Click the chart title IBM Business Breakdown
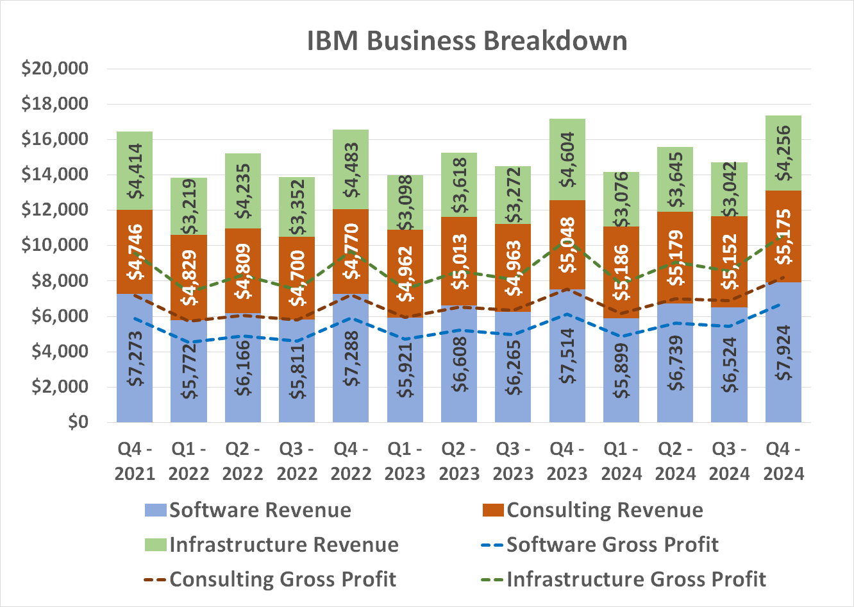(467, 40)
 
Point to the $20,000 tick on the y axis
(54, 69)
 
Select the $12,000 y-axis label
(54, 210)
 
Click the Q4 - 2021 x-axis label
(135, 461)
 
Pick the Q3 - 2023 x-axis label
(513, 461)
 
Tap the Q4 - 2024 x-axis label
(783, 461)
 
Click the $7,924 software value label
(783, 352)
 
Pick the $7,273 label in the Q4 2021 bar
(135, 358)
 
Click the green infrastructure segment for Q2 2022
(243, 191)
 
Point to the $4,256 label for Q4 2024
(783, 153)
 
